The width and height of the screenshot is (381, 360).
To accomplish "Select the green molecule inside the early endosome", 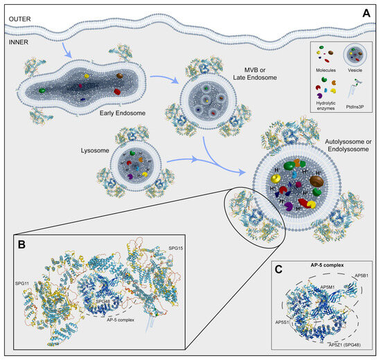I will coord(43,89).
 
